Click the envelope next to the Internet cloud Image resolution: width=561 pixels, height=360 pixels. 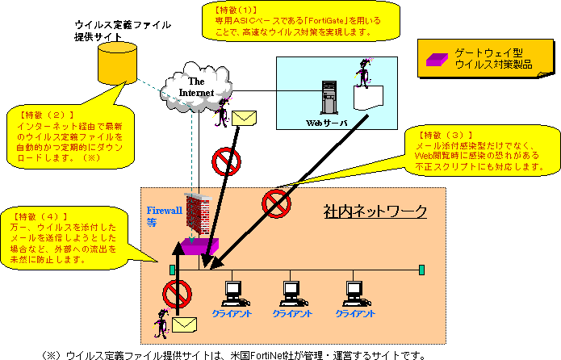tap(244, 119)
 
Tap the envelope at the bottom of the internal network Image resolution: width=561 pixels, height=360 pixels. tap(185, 324)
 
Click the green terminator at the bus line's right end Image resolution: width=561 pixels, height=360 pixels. tap(421, 269)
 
